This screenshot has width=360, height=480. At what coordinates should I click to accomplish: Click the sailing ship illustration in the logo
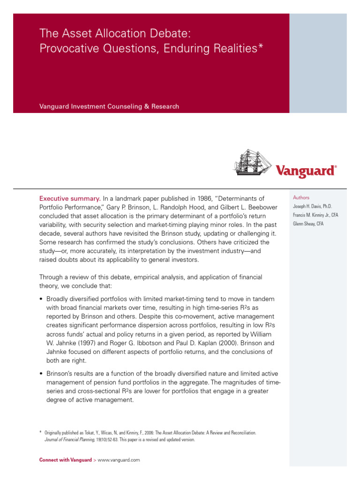(253, 163)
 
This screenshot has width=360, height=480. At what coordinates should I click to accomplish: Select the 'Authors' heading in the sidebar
(301, 198)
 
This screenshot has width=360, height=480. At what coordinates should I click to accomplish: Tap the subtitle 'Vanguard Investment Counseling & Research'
(109, 106)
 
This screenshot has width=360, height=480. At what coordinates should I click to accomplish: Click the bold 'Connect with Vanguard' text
(66, 460)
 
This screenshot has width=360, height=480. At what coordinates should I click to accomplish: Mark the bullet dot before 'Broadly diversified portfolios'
(41, 299)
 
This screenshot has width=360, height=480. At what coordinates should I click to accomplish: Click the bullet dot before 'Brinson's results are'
(41, 374)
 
